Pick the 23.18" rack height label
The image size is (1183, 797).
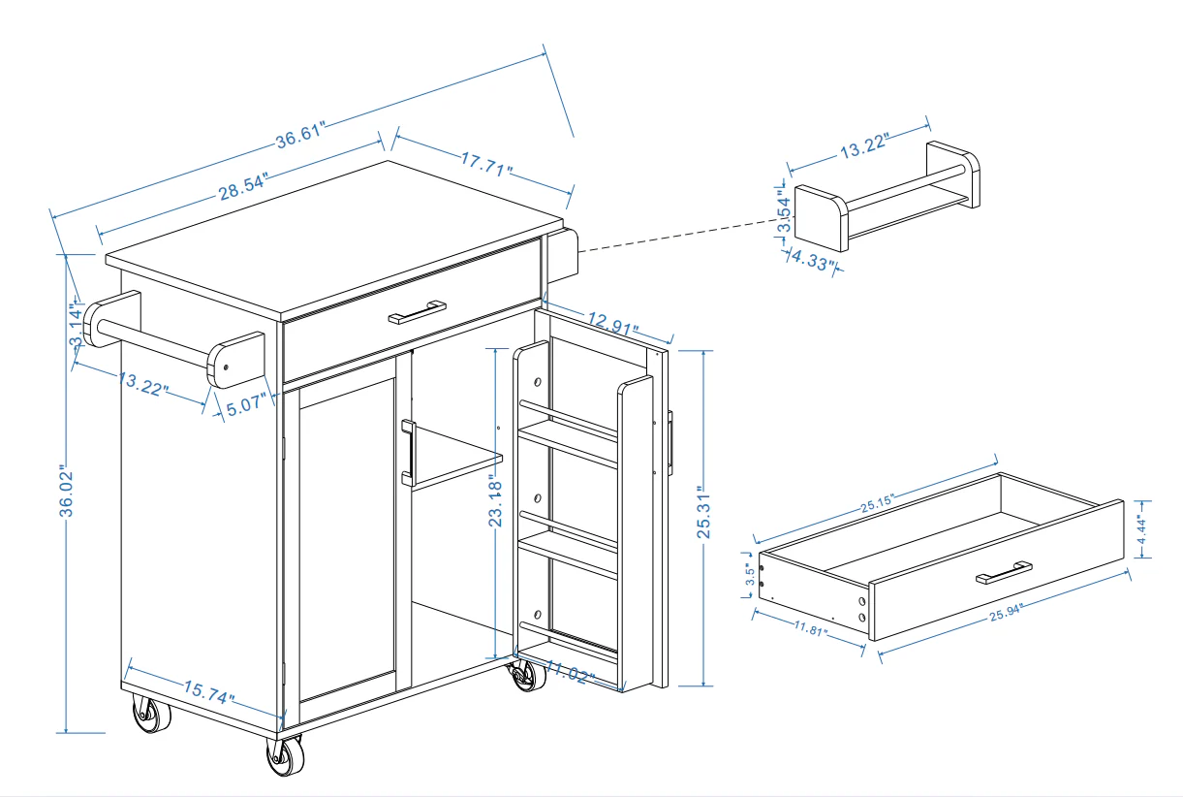[x=497, y=501]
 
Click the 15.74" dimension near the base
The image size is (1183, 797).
[x=208, y=692]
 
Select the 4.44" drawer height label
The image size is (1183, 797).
[x=1144, y=529]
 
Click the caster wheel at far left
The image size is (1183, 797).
[x=151, y=717]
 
